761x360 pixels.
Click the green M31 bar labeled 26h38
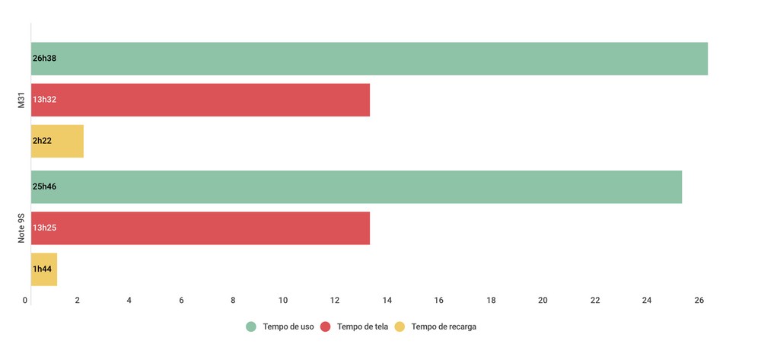point(369,59)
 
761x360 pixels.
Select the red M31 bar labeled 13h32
point(200,100)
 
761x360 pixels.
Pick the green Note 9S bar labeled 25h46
point(356,187)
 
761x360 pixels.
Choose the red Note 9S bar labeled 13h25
point(200,228)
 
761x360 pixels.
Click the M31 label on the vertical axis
point(22,100)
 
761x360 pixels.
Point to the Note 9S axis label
point(22,228)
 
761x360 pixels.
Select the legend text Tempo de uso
point(288,327)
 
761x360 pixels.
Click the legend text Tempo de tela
point(362,327)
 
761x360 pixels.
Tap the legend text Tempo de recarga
point(444,327)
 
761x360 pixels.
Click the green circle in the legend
point(251,327)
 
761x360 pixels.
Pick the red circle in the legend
point(325,327)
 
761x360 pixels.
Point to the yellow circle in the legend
point(400,327)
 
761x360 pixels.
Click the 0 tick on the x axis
point(26,301)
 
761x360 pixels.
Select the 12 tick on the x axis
point(336,301)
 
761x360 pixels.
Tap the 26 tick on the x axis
point(699,301)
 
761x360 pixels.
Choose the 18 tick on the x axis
point(491,301)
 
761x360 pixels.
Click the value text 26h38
point(44,59)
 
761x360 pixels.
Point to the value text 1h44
point(42,269)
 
